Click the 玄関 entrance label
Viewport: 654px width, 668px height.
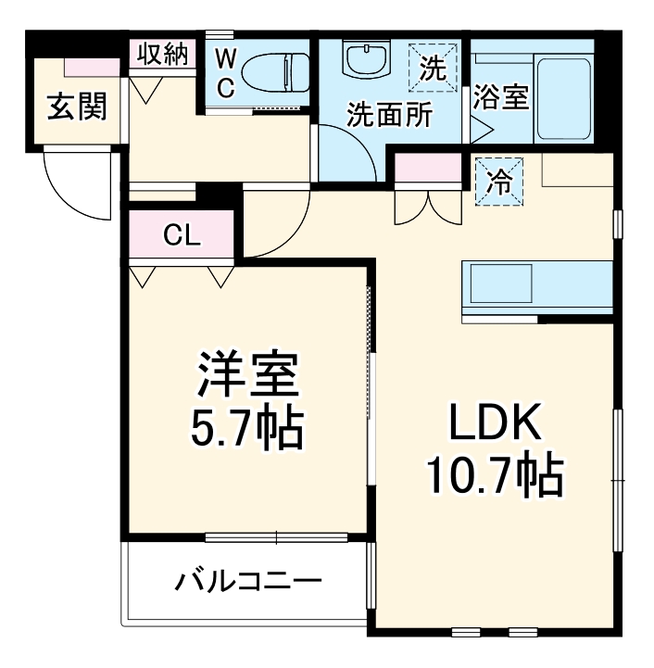pyautogui.click(x=77, y=107)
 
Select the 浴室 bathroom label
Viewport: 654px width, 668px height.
pyautogui.click(x=501, y=98)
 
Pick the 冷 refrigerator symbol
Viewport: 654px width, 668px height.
pyautogui.click(x=500, y=180)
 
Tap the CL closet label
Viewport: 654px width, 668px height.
pyautogui.click(x=182, y=235)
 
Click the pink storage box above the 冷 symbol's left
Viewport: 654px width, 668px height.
pyautogui.click(x=428, y=170)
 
